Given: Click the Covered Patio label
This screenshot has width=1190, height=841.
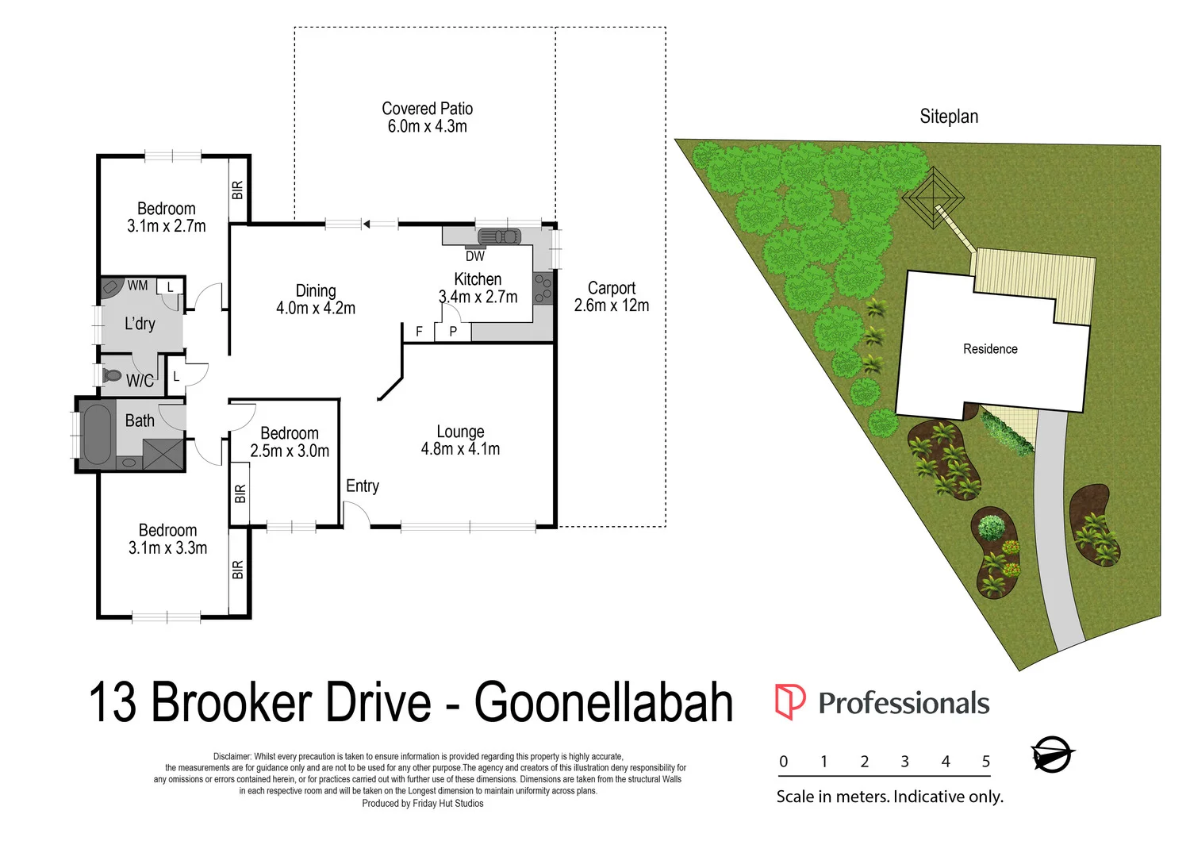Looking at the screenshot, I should pos(427,109).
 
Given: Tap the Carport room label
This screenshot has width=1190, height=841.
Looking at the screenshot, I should pos(612,289).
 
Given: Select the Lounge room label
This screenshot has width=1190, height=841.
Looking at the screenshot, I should pos(460,432).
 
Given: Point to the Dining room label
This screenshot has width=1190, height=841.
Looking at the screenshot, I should pos(316,291).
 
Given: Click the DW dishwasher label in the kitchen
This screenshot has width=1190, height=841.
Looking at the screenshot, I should pos(475,256).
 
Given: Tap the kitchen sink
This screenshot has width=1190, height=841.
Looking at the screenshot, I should pos(499,236).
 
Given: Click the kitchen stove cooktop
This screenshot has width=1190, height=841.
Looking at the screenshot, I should pos(543,288).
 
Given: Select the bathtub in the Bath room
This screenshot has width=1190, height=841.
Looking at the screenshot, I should pos(98,434).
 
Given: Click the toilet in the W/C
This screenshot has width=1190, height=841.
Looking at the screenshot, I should pos(112,374).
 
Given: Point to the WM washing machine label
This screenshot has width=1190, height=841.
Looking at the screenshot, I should pos(137,286).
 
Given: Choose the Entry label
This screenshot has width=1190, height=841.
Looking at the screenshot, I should pos(363,486).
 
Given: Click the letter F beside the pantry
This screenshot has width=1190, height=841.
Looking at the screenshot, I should pos(420,332).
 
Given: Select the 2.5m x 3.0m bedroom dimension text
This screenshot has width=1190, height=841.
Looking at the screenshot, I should pos(290,451).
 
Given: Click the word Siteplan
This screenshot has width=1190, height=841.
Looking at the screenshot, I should pos(949,117).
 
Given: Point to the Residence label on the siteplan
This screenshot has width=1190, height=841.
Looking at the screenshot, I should pos(990,349).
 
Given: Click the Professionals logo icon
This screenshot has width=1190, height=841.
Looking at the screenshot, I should pos(789,701).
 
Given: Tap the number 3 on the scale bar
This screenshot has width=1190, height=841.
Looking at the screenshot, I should pos(904,762).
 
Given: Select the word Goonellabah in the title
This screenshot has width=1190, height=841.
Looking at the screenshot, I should pos(604,702).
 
